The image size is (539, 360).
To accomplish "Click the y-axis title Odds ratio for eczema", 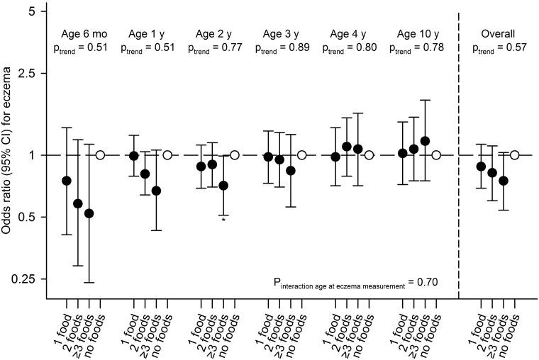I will pyautogui.click(x=10, y=156).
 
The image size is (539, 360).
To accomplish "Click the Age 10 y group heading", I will pyautogui.click(x=419, y=34).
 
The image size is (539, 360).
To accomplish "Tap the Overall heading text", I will pyautogui.click(x=498, y=34).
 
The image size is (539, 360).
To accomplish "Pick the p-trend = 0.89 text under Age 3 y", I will pyautogui.click(x=284, y=48).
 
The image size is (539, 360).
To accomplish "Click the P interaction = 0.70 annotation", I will pyautogui.click(x=355, y=282).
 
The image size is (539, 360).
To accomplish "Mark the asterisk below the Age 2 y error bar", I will pyautogui.click(x=223, y=220).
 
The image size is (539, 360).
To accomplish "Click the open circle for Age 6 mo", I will pyautogui.click(x=100, y=154).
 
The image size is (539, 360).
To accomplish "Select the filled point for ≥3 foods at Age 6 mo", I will pyautogui.click(x=89, y=213).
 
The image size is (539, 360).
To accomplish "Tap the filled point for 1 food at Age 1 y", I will pyautogui.click(x=134, y=156).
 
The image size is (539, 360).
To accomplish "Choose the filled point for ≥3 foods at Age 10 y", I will pyautogui.click(x=426, y=141).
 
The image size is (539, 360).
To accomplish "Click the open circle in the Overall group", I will pyautogui.click(x=515, y=154).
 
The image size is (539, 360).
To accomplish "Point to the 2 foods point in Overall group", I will pyautogui.click(x=492, y=173).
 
